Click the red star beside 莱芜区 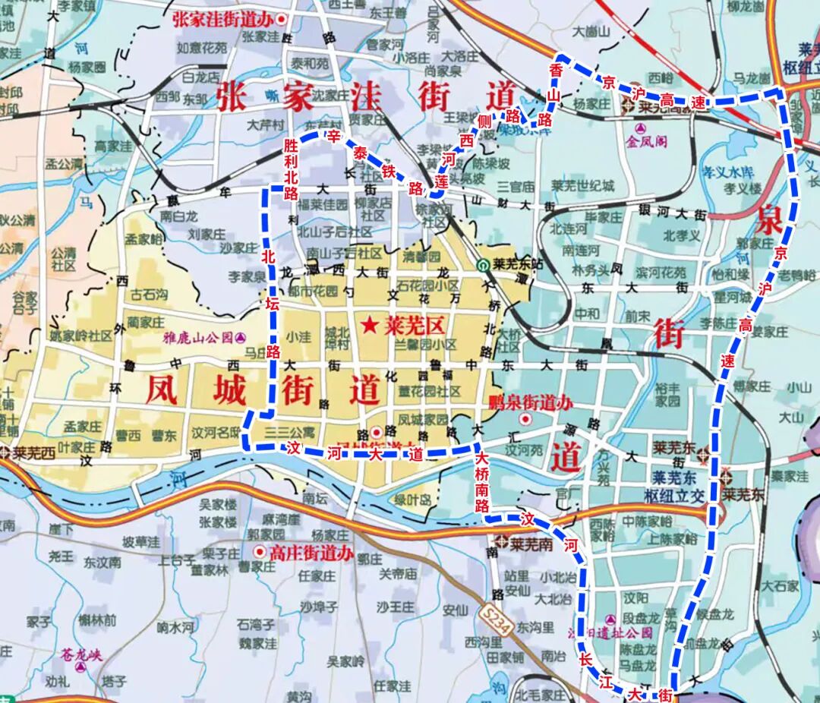click(369, 326)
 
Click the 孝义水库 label click(730, 172)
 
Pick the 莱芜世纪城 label click(583, 186)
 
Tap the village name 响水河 click(176, 627)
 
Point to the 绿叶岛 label click(413, 500)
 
